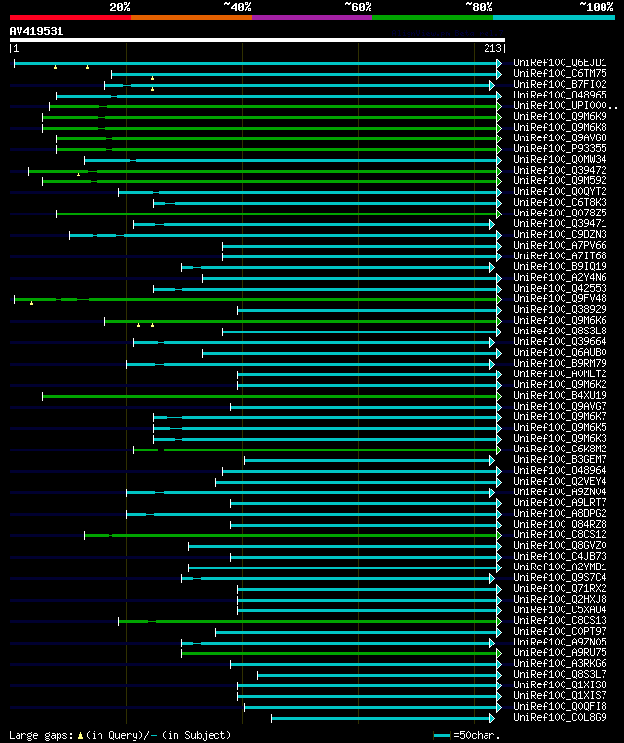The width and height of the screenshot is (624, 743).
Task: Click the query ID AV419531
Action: [36, 31]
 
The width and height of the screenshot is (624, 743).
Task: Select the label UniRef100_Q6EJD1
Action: [559, 63]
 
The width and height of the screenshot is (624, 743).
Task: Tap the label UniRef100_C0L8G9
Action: [559, 718]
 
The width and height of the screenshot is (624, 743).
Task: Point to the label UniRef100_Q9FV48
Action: [559, 299]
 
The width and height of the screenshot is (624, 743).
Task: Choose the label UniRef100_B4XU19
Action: [559, 396]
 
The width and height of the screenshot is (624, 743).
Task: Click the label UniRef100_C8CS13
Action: [559, 621]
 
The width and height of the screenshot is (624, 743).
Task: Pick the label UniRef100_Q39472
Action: [559, 171]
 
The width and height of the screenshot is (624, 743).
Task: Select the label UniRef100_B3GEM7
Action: [559, 460]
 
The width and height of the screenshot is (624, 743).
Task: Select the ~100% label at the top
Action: [596, 7]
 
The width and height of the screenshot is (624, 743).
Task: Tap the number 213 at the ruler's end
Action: [492, 48]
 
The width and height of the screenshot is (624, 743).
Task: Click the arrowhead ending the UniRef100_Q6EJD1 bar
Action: [499, 63]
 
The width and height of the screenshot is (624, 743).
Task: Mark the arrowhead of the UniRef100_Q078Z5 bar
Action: [499, 214]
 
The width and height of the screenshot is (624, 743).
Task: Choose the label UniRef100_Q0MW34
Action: [559, 160]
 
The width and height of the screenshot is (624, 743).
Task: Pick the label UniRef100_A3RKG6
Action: [559, 664]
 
